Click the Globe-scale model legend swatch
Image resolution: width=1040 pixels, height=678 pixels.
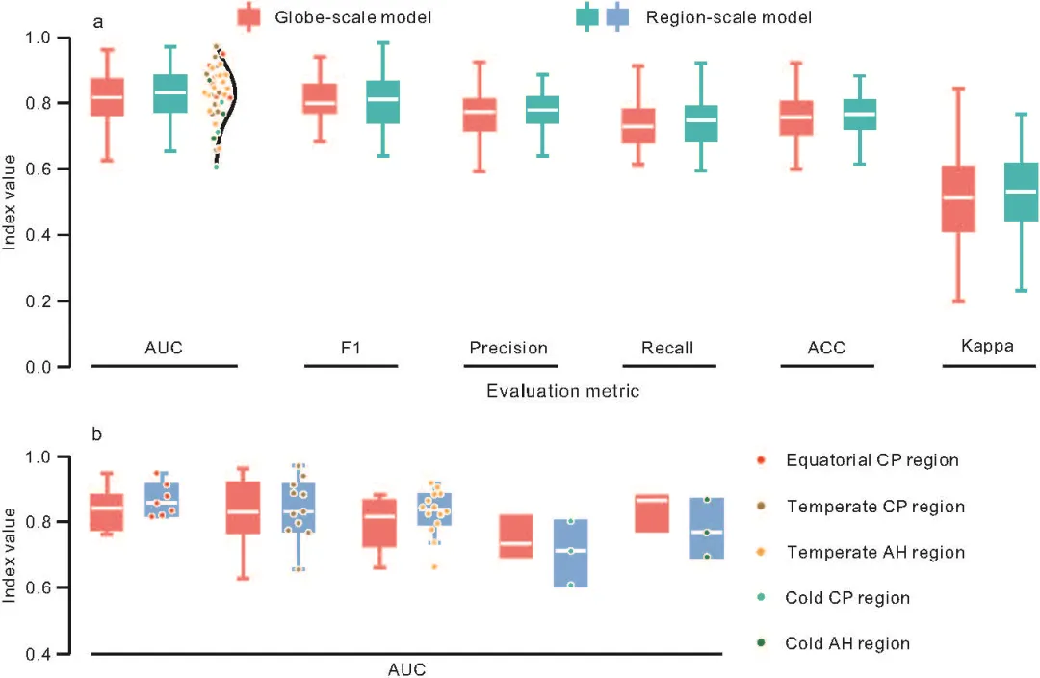(248, 16)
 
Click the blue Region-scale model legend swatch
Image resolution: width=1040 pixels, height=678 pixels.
(617, 16)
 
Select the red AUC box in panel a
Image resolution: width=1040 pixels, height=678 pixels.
(107, 97)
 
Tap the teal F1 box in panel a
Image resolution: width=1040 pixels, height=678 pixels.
(382, 101)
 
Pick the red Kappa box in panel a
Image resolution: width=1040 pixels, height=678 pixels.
(958, 198)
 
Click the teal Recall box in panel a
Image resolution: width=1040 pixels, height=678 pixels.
(701, 122)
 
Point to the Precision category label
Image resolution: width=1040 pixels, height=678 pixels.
(508, 348)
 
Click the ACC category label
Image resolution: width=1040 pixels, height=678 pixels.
(826, 348)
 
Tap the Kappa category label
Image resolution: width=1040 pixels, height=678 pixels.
(987, 346)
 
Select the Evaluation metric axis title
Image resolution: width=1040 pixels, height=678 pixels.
(562, 391)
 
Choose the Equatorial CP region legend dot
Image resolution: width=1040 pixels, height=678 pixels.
(761, 459)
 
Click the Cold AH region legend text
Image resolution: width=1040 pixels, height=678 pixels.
(847, 643)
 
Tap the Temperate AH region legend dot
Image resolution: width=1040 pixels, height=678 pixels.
(761, 551)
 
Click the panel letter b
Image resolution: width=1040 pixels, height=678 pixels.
(97, 434)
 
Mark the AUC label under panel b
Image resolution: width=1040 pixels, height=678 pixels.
(406, 669)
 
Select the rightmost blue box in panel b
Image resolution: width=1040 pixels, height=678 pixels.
(707, 528)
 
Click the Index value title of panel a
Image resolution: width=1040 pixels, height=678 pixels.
(9, 201)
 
